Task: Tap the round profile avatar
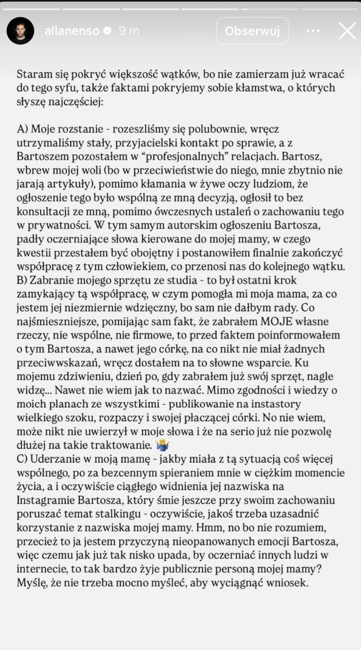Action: (x=21, y=31)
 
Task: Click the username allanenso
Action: (x=72, y=31)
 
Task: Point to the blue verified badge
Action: (x=108, y=31)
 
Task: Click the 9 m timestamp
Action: (x=128, y=31)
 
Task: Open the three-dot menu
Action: (x=313, y=31)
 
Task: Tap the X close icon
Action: (x=347, y=31)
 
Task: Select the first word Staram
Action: (x=34, y=74)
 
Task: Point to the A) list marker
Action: (x=23, y=130)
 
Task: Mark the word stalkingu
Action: (x=151, y=515)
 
